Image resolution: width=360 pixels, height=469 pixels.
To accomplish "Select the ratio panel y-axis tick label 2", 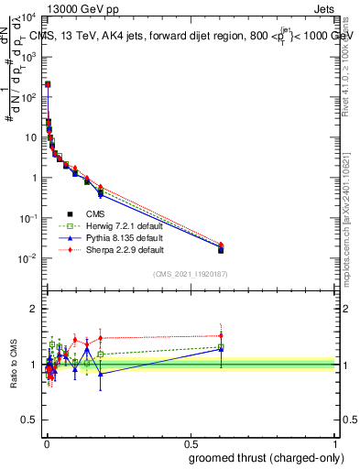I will pyautogui.click(x=35, y=309).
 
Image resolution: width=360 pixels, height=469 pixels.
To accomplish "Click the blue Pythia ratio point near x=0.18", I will pyautogui.click(x=101, y=374).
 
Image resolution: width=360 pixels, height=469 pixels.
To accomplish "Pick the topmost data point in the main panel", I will pyautogui.click(x=48, y=84).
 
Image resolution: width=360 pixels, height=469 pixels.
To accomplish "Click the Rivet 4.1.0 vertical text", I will pyautogui.click(x=351, y=69).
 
